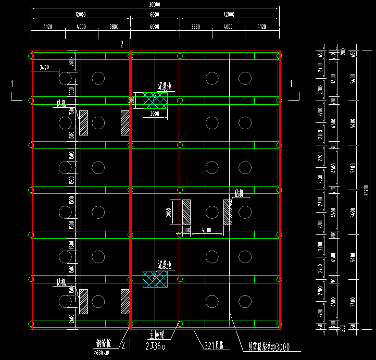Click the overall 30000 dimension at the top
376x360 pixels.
154,4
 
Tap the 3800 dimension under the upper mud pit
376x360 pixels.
155,113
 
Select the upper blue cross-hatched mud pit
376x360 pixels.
155,101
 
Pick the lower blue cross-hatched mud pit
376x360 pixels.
155,279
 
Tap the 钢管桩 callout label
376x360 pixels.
104,343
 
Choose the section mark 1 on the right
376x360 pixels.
292,83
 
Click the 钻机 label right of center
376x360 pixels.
239,193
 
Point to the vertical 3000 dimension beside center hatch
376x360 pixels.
177,213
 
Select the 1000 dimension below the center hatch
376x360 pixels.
186,230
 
